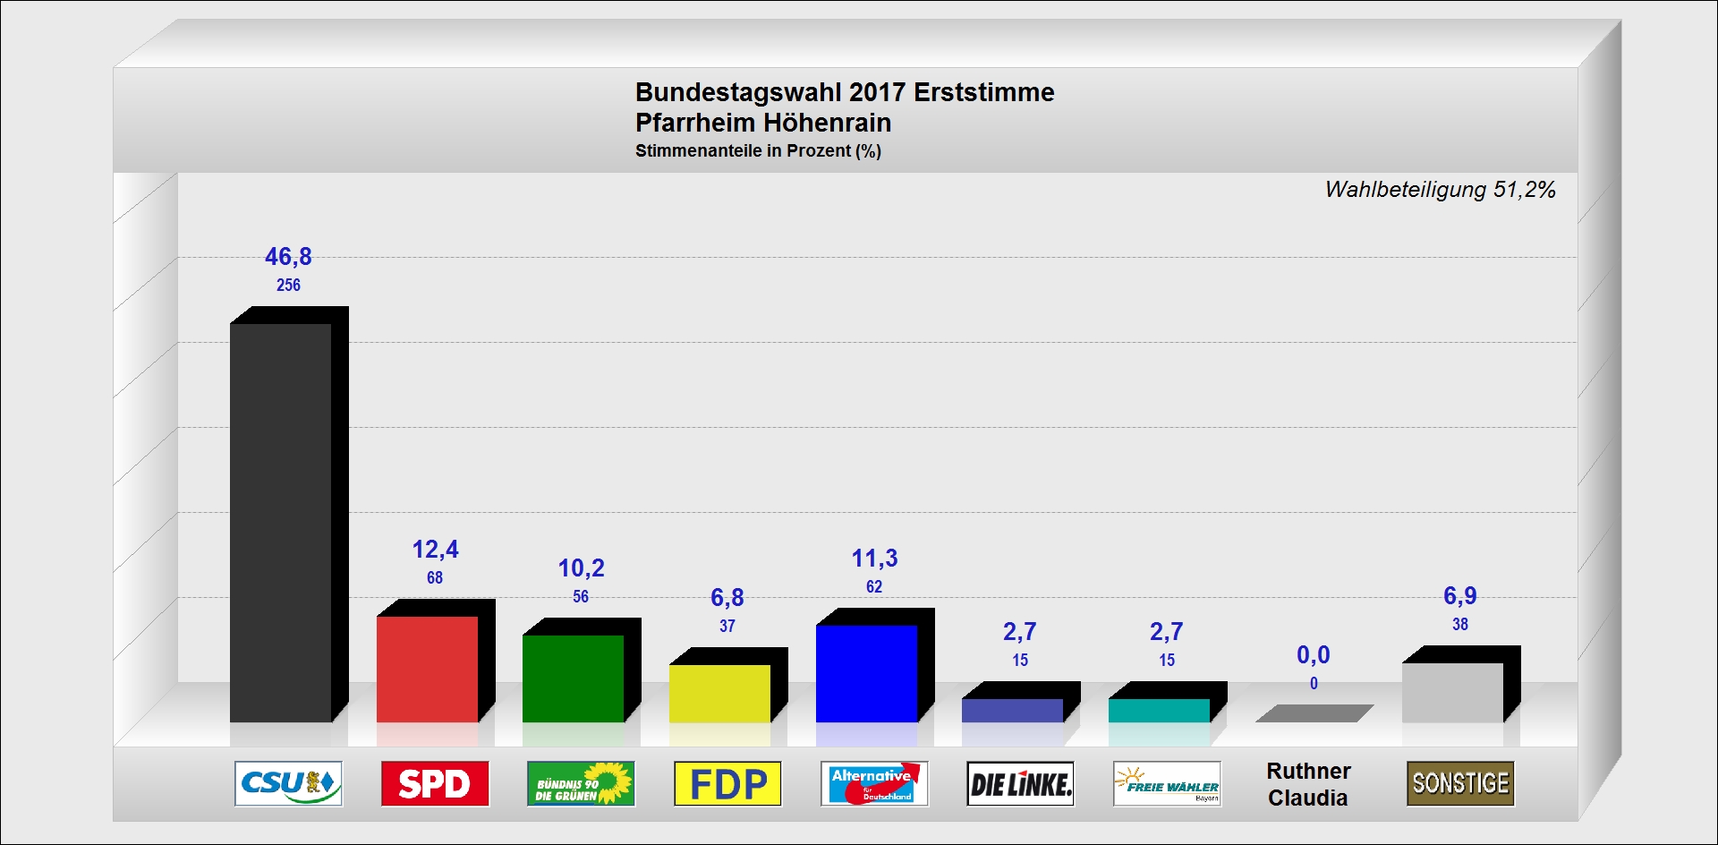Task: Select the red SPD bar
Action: coord(427,669)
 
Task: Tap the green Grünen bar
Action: coord(573,678)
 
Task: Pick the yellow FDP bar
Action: coord(719,693)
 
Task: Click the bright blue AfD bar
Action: coord(866,673)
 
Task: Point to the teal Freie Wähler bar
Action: coord(1159,710)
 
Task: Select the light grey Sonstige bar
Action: coord(1452,692)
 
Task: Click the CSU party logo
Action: coord(288,784)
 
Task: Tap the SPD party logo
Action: coord(435,784)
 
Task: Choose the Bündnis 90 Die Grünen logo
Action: coord(581,784)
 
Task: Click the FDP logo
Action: coord(727,784)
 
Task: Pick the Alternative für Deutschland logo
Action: coord(874,784)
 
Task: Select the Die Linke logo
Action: coord(1020,784)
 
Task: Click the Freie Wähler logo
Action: coord(1167,784)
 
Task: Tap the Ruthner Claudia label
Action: coord(1308,784)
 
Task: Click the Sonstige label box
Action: coord(1460,784)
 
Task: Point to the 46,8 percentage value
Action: coord(288,257)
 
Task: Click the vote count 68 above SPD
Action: coord(435,578)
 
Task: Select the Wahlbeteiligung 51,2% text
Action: coord(1440,190)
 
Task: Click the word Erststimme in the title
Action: coord(983,92)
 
